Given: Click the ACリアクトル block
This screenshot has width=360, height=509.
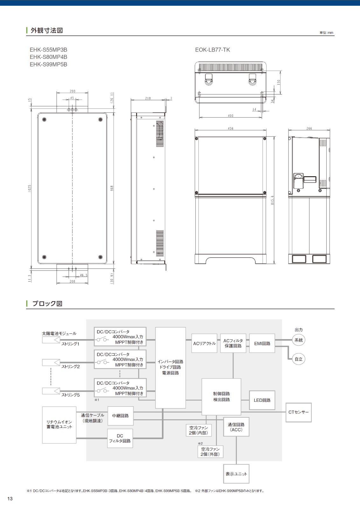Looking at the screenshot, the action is pyautogui.click(x=204, y=343).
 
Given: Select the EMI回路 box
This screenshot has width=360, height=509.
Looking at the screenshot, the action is pyautogui.click(x=262, y=343).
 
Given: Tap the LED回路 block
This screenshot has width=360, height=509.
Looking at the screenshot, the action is pyautogui.click(x=262, y=400).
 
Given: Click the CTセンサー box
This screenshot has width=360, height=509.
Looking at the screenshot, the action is pyautogui.click(x=298, y=412).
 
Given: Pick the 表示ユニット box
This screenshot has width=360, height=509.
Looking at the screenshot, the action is pyautogui.click(x=236, y=474).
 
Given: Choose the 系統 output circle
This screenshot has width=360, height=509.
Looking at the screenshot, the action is pyautogui.click(x=298, y=340).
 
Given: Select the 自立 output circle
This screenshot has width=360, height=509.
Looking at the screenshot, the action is pyautogui.click(x=298, y=359).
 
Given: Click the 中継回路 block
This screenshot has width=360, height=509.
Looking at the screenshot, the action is pyautogui.click(x=121, y=416).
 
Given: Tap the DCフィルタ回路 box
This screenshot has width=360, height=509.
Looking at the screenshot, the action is pyautogui.click(x=120, y=438).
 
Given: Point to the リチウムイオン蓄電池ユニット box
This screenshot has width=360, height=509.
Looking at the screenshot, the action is pyautogui.click(x=59, y=425).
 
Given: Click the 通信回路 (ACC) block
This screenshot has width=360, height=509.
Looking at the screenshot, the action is pyautogui.click(x=236, y=427).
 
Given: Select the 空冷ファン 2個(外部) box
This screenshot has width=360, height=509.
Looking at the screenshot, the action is pyautogui.click(x=210, y=451).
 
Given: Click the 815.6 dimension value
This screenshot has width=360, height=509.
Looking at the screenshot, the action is pyautogui.click(x=272, y=200).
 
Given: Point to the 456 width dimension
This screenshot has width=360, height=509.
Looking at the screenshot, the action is pyautogui.click(x=231, y=129).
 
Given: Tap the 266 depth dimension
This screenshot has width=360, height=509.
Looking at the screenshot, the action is pyautogui.click(x=309, y=129).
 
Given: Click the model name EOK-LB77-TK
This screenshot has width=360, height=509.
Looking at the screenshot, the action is pyautogui.click(x=212, y=50).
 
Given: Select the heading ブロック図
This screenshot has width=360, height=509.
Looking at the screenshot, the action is pyautogui.click(x=47, y=303).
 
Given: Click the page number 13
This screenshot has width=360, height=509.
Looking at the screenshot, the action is pyautogui.click(x=10, y=499).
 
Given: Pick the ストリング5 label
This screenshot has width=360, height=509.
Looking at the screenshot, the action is pyautogui.click(x=71, y=395).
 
